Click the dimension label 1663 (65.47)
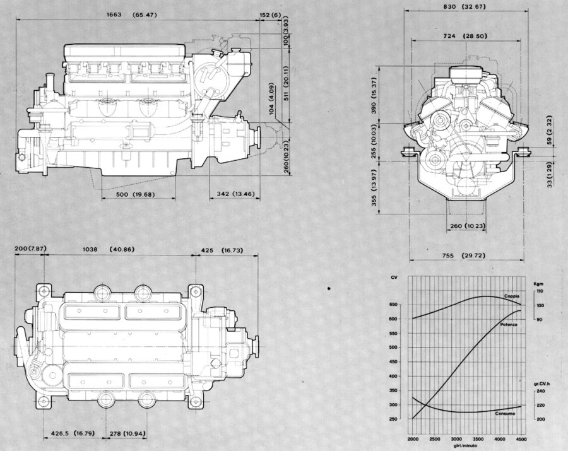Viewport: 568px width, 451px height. coord(131,15)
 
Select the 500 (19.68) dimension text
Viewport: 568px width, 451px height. coord(136,194)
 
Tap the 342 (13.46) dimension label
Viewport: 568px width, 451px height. coord(236,194)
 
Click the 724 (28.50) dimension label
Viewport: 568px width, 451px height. coord(465,36)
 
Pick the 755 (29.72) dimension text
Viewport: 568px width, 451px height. coord(463,255)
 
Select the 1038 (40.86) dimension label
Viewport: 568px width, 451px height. coord(109,249)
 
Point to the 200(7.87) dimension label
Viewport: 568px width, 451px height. coord(30,249)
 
